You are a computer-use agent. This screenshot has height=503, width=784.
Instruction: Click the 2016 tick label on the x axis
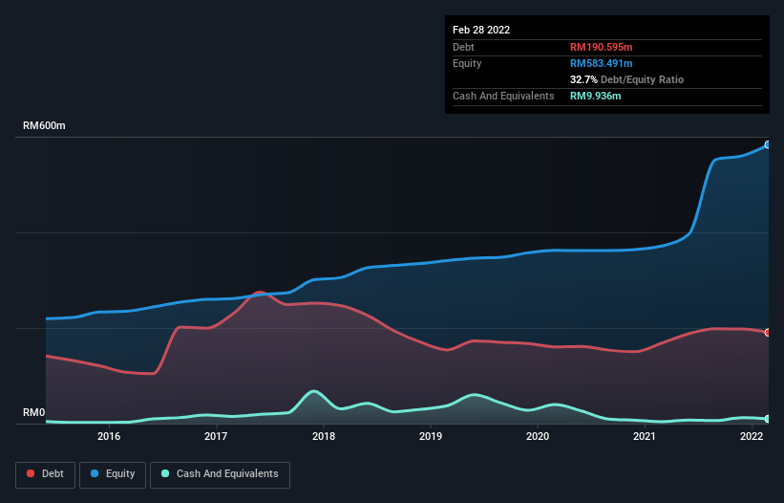pos(109,437)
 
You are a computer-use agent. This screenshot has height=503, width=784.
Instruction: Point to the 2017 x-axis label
pos(216,437)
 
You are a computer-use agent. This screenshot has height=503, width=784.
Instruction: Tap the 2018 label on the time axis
pos(324,437)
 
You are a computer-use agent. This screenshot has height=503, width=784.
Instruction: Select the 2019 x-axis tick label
pos(431,437)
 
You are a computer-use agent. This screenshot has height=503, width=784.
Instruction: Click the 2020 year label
pos(538,437)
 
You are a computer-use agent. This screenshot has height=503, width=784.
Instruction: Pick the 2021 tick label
pos(646,437)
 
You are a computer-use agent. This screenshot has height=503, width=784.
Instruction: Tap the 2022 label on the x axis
pos(752,437)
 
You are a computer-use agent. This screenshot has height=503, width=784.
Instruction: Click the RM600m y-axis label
pos(44,126)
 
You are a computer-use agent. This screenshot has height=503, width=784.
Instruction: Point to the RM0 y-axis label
pos(33,413)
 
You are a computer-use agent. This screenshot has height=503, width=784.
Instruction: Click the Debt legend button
pos(47,473)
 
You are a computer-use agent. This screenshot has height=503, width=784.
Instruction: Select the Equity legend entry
pos(114,473)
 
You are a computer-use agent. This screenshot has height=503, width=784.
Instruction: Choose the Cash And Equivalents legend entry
pos(220,473)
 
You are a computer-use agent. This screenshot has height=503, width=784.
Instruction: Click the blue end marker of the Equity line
pos(767,144)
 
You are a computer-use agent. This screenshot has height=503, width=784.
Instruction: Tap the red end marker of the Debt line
pos(767,333)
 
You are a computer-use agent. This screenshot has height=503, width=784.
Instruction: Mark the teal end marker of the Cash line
pos(767,419)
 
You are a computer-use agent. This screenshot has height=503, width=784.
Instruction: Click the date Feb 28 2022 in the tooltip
pos(481,30)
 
